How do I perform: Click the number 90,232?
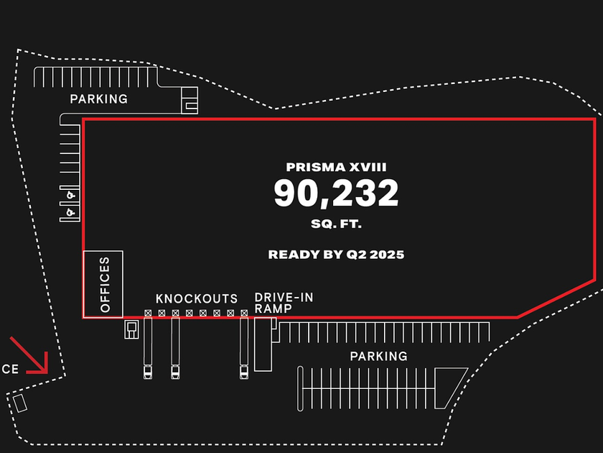336,193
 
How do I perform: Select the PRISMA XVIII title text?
336,167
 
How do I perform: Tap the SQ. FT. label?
336,224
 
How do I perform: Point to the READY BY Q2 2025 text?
336,255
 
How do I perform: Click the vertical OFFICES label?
105,284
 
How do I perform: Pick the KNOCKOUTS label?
197,298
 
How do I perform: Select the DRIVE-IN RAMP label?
283,303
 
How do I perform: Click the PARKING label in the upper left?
98,99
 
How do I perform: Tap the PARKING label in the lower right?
378,356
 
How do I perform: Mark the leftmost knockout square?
148,314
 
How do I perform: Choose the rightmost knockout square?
244,314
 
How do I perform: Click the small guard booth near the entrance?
20,403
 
